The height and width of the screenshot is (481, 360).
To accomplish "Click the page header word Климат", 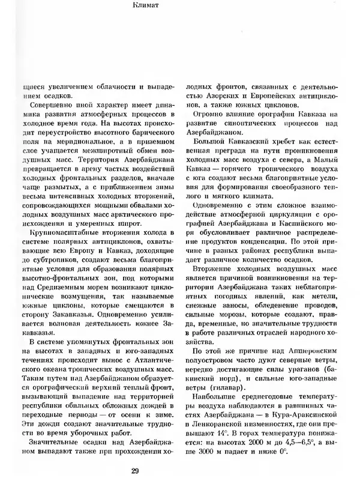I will pos(179,8).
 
